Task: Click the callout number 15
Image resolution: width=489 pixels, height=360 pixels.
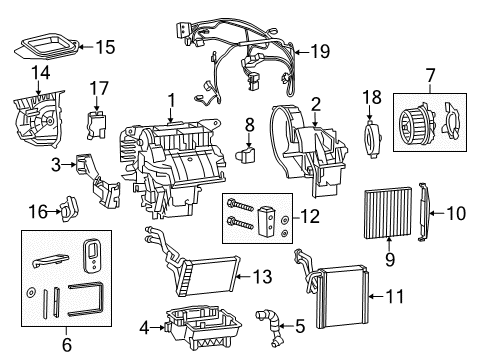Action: pyautogui.click(x=104, y=45)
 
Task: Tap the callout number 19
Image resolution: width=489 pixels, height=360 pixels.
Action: pyautogui.click(x=319, y=51)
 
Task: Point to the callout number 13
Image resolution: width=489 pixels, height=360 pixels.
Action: pyautogui.click(x=261, y=276)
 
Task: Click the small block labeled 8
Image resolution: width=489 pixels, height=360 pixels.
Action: pyautogui.click(x=248, y=155)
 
